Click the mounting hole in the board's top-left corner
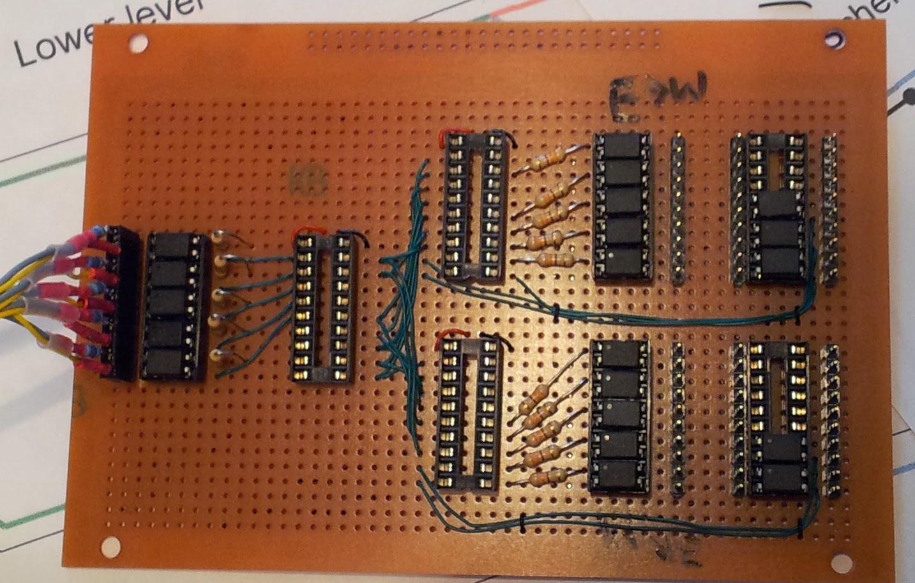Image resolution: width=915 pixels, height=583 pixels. (136, 43)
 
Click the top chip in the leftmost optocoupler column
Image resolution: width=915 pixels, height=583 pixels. (173, 245)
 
